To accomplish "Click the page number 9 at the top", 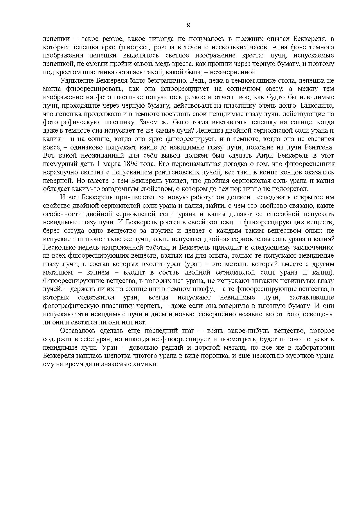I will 188,25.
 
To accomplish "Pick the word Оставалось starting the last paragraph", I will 78,331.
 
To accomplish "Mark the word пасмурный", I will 57,164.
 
